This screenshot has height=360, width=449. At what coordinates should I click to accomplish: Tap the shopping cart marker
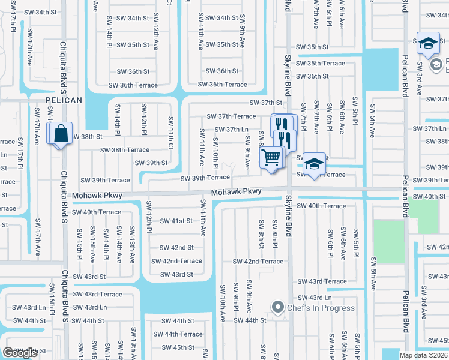[271, 158]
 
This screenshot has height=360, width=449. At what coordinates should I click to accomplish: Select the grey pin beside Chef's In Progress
[277, 308]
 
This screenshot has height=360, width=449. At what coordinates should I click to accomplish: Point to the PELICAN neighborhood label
[63, 100]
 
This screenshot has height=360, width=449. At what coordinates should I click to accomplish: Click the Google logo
[20, 353]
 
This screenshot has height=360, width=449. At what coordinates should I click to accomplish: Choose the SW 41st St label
[176, 221]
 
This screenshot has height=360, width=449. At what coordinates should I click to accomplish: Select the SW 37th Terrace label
[231, 116]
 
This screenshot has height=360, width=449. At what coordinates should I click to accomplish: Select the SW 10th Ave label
[222, 299]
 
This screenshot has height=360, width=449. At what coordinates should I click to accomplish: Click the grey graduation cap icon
[436, 64]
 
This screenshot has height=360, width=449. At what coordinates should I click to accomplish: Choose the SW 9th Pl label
[236, 296]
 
